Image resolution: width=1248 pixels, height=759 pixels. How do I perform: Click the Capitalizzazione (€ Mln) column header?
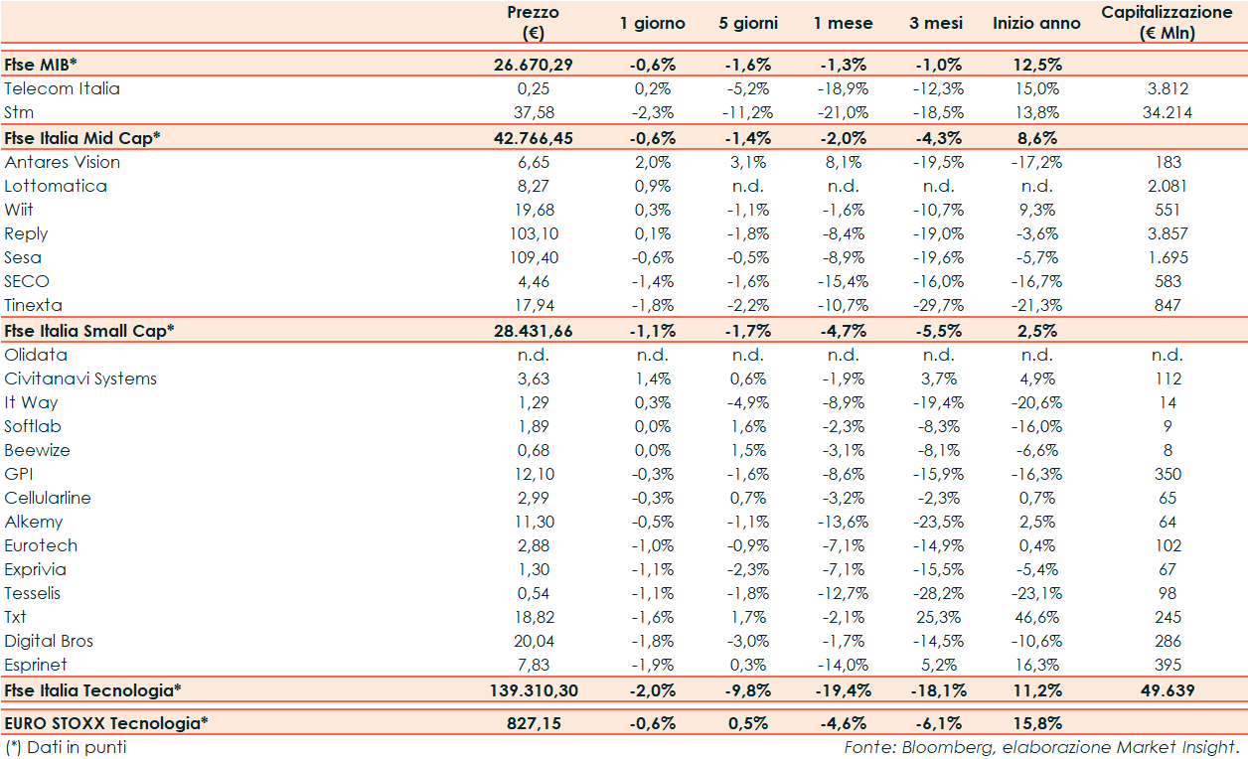coord(1167,22)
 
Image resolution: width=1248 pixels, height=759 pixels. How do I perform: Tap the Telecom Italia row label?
coord(62,88)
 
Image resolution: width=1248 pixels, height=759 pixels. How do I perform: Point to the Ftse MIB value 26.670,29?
coord(533,65)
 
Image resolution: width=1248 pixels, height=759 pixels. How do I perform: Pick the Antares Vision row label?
coord(62,162)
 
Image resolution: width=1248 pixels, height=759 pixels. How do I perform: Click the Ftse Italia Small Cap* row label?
coord(89,331)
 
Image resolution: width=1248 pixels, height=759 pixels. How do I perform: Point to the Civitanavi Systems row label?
coord(80,379)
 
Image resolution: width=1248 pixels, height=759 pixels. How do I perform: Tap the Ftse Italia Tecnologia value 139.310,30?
coord(533,690)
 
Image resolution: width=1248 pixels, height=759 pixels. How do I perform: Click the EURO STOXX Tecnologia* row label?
coord(106,723)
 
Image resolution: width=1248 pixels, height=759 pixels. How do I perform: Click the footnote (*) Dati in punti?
coord(66,747)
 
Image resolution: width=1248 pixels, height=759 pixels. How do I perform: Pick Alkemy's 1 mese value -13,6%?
coord(844,522)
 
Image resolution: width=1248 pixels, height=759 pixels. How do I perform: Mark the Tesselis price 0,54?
coord(533,593)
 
